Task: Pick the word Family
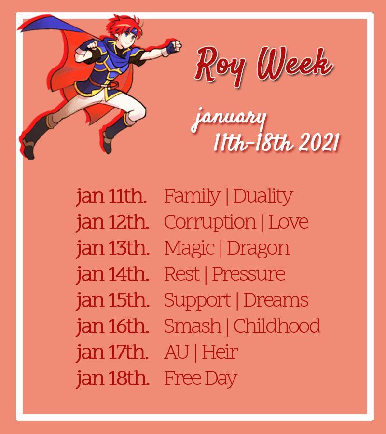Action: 192,196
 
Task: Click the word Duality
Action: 263,196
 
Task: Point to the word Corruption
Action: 210,222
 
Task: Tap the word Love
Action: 288,222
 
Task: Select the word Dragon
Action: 258,248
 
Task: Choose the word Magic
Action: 189,248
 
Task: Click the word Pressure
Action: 248,274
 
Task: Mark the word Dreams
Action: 276,300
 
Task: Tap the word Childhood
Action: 277,326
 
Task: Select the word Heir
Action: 220,352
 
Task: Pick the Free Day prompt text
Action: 201,378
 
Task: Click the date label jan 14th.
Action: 112,274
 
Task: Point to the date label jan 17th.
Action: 112,353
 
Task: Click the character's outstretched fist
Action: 176,46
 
